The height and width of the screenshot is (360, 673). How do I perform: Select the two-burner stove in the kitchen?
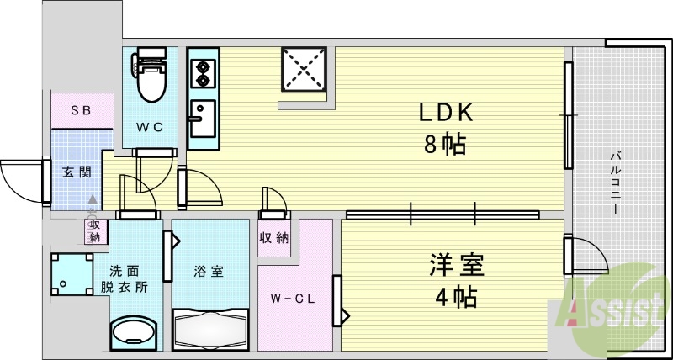coord(202,75)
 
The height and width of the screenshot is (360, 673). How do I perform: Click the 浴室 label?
coord(209,271)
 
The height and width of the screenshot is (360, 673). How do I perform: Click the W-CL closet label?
coord(292,299)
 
